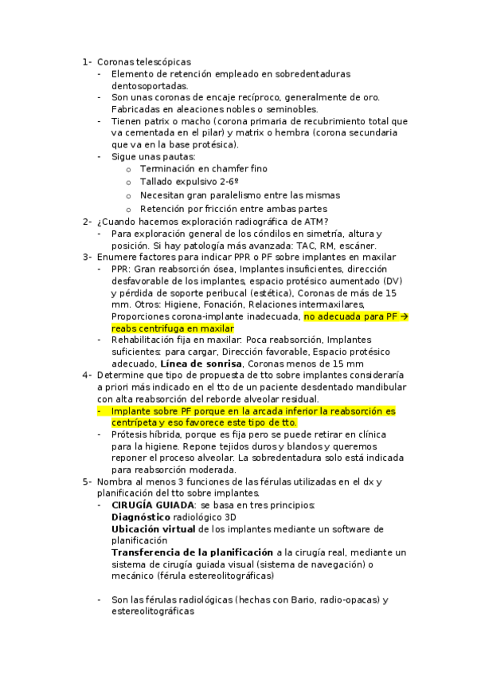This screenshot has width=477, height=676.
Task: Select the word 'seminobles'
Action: tap(288, 109)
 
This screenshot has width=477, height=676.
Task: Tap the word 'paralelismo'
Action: tap(237, 195)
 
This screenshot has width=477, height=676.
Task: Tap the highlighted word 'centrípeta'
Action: tap(137, 422)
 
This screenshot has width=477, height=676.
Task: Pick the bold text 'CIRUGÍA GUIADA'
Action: tap(152, 505)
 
